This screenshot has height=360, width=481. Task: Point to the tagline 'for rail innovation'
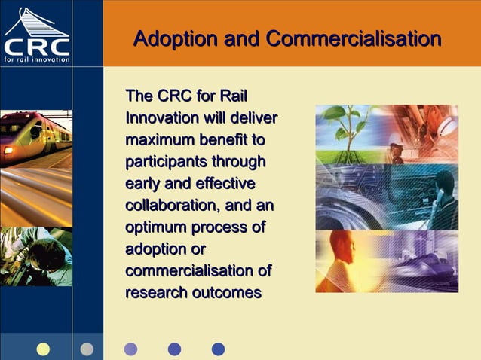tap(36, 61)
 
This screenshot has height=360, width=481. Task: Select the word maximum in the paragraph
tap(157, 140)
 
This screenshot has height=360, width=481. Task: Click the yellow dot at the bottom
tap(43, 349)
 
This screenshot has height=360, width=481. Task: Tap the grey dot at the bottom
tap(87, 349)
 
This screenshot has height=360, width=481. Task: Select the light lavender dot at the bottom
tap(130, 349)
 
